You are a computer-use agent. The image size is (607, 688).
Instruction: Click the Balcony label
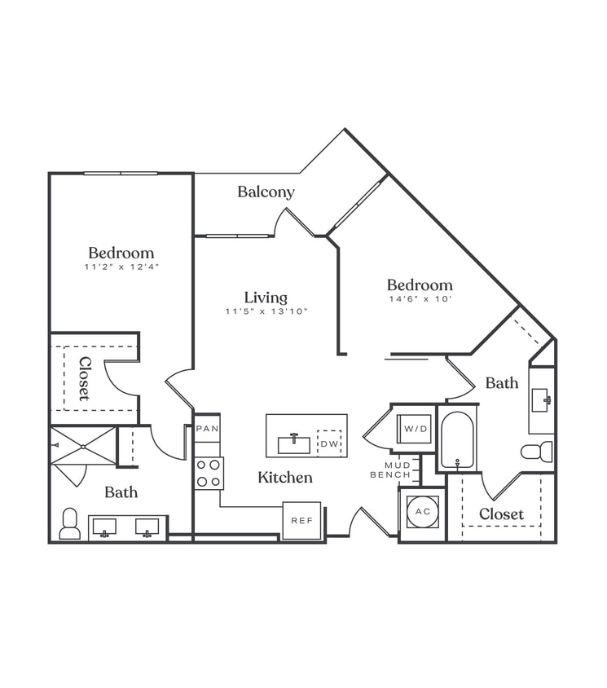click(266, 192)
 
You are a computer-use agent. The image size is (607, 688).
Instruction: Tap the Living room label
click(266, 298)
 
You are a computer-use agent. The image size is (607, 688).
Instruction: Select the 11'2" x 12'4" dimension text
click(121, 267)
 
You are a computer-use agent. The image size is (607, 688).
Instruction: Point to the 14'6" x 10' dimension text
click(419, 299)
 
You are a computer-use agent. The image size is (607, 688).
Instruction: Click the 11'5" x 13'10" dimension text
click(266, 311)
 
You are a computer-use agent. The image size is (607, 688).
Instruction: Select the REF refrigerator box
click(301, 520)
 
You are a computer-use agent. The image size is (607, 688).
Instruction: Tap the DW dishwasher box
click(328, 443)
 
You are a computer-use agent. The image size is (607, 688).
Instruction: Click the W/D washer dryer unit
click(413, 428)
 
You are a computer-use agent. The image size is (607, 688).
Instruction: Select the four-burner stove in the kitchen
click(209, 473)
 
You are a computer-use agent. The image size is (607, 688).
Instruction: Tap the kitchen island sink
click(293, 443)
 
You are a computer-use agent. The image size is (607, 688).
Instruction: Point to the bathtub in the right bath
click(457, 440)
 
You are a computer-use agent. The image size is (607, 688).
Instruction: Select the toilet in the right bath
click(537, 452)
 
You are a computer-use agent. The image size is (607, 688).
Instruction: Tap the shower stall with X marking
click(82, 445)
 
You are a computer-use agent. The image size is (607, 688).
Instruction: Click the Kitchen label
click(285, 478)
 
